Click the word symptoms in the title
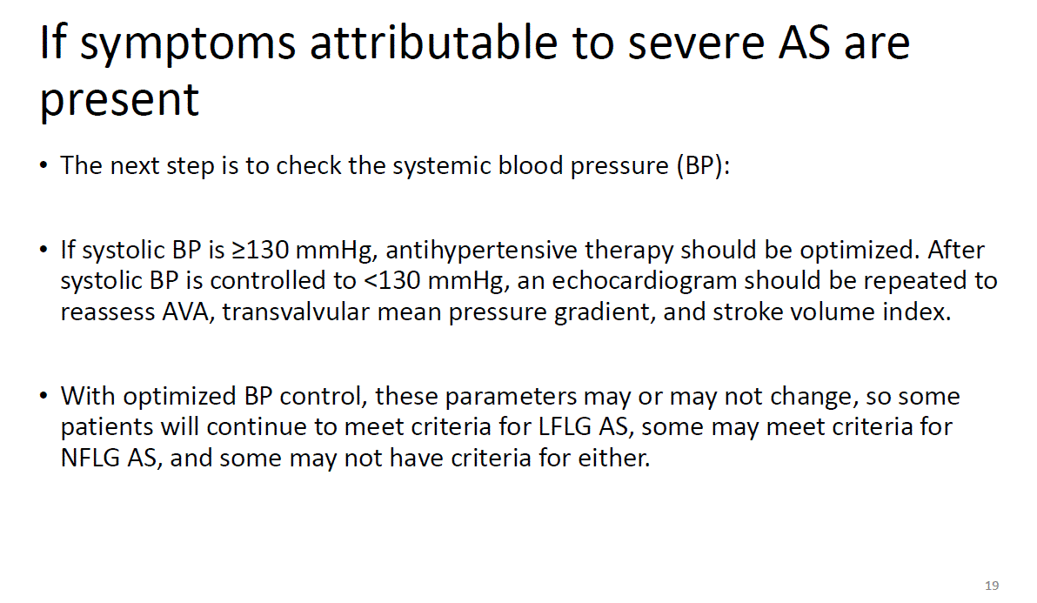tap(187, 44)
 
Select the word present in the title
tap(119, 101)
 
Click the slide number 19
tap(992, 585)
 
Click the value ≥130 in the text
tap(260, 250)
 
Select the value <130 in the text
tap(392, 280)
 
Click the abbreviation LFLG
tap(565, 426)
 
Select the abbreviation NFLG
tap(90, 458)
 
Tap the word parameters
tap(511, 397)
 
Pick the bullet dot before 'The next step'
tap(43, 165)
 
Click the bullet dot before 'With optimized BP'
tap(43, 396)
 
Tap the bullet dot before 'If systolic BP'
tap(43, 250)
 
